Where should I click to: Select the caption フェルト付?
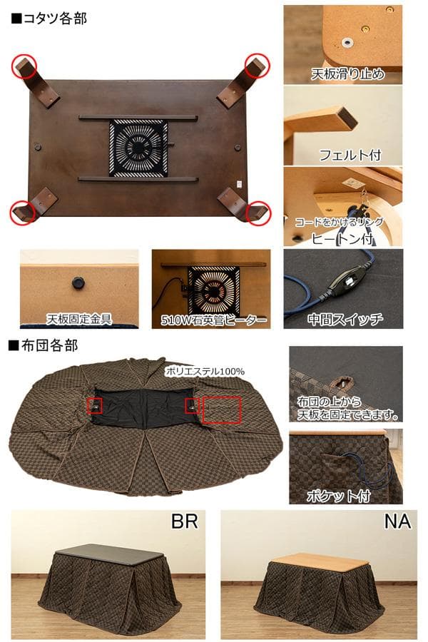pos(350,154)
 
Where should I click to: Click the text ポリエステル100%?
pos(205,371)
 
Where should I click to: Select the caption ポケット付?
pos(336,494)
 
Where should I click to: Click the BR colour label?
pos(183,521)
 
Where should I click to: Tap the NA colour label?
pos(397,521)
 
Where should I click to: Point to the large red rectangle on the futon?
pos(222,412)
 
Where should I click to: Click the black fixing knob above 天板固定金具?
pos(75,283)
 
